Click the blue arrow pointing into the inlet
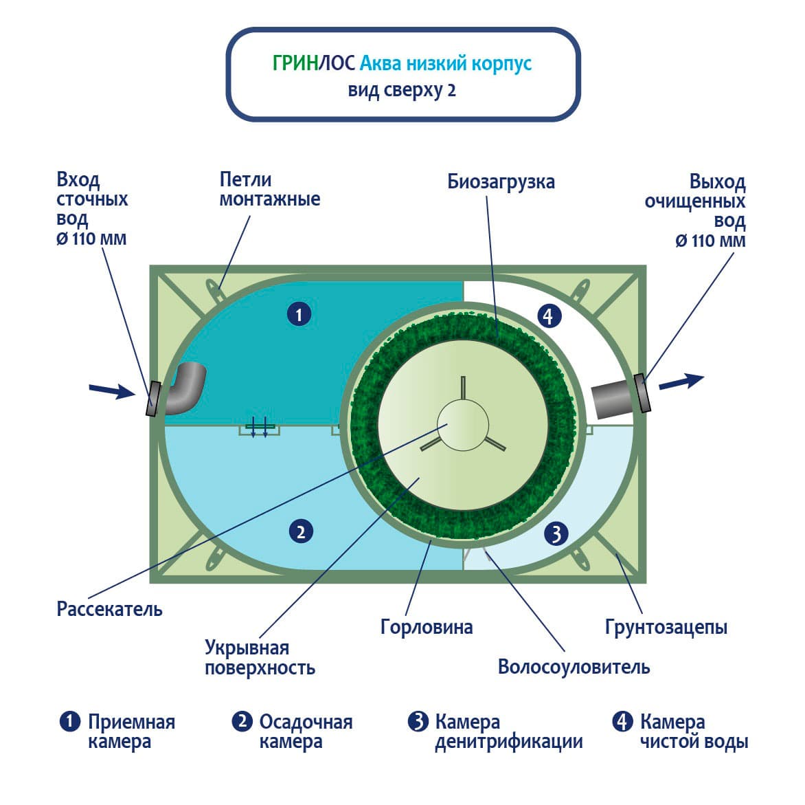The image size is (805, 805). pos(112,391)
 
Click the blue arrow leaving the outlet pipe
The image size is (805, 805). pos(681,382)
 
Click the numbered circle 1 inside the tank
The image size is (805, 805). pos(299,315)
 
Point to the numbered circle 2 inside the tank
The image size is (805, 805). pos(301,531)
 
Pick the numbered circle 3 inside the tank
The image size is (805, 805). pos(556,533)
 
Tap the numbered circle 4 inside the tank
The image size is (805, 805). pos(547,316)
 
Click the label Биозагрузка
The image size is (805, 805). pos(501,182)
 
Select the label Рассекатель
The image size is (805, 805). pos(110,609)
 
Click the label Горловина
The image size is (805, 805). pos(427,627)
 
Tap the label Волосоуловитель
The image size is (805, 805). pos(574,667)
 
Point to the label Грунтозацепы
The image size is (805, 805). pos(666,627)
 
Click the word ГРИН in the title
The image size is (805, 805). pos(295,64)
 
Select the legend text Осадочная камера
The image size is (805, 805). pos(306,731)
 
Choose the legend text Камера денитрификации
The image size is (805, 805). pos(508,731)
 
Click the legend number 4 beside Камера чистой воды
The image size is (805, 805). pos(622,722)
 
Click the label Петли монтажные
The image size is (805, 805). pos(269,189)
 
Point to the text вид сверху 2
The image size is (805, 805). pos(402,90)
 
